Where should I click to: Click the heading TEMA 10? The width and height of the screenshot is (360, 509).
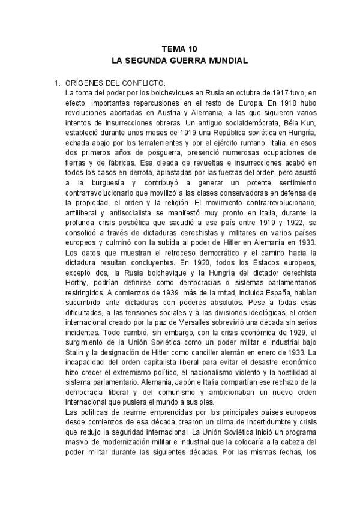coord(179,50)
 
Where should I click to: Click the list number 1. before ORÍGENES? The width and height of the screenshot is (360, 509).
coord(58,84)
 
